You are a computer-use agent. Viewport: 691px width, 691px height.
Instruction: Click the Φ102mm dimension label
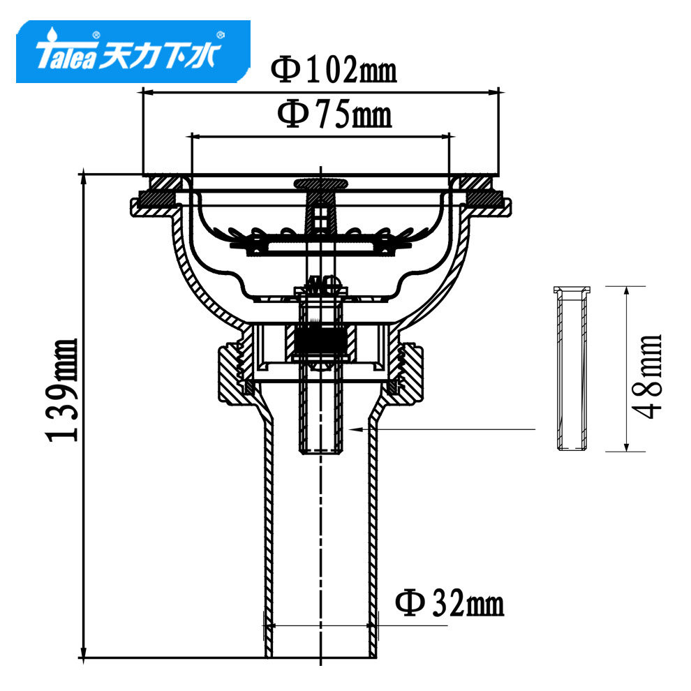(x=334, y=70)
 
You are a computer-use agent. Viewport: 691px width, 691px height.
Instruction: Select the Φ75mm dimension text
(x=334, y=113)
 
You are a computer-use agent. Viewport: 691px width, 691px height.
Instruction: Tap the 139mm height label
(x=61, y=389)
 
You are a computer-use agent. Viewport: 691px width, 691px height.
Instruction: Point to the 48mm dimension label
(x=646, y=377)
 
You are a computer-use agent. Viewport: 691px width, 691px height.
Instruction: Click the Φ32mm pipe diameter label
(x=449, y=603)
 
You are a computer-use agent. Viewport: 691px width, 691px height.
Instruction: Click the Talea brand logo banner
(x=133, y=52)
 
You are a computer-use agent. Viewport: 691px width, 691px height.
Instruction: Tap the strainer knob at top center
(x=320, y=183)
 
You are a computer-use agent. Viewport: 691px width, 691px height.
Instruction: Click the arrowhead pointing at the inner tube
(x=355, y=429)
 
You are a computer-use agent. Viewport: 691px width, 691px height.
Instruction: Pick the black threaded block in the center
(x=320, y=342)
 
